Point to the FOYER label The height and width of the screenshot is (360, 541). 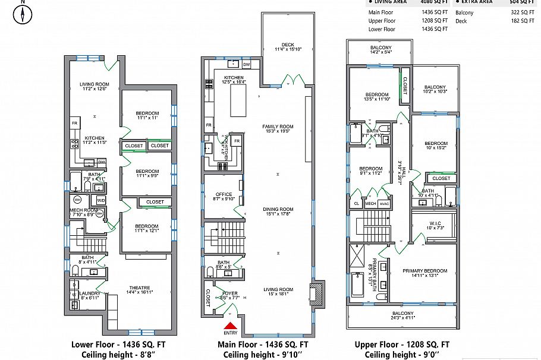[x=229, y=294]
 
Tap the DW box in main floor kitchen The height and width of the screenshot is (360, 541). [x=246, y=64]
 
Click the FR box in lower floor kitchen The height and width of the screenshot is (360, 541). [x=75, y=123]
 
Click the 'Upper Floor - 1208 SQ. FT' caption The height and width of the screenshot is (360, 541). [x=402, y=345]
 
